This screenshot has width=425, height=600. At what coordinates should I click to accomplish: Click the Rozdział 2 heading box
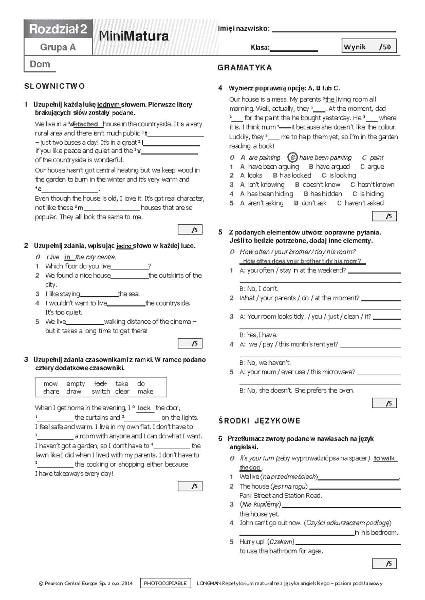(x=58, y=29)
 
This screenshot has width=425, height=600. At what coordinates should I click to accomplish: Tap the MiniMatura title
(x=134, y=36)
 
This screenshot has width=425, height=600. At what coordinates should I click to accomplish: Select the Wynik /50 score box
(x=369, y=46)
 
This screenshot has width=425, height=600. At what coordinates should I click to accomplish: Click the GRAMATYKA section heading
(x=245, y=68)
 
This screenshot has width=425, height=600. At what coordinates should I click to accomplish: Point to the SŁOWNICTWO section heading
(x=55, y=86)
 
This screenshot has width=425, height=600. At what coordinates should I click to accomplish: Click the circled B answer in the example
(x=292, y=157)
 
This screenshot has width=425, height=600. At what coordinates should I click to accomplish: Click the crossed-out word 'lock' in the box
(x=101, y=383)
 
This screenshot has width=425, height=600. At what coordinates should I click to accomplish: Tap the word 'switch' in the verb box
(x=101, y=391)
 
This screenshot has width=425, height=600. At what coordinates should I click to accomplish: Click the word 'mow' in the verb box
(x=51, y=383)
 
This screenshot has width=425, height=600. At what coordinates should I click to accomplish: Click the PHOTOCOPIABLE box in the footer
(x=165, y=583)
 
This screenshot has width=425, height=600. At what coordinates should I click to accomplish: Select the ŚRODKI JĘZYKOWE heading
(x=259, y=421)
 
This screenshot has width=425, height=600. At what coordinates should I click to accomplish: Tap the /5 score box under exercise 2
(x=190, y=344)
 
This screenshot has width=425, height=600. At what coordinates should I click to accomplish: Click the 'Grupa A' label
(x=58, y=47)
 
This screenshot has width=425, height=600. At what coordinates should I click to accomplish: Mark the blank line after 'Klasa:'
(x=294, y=50)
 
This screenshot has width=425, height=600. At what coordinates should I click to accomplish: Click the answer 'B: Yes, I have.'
(x=259, y=335)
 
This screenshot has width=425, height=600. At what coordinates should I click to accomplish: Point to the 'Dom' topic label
(x=40, y=64)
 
